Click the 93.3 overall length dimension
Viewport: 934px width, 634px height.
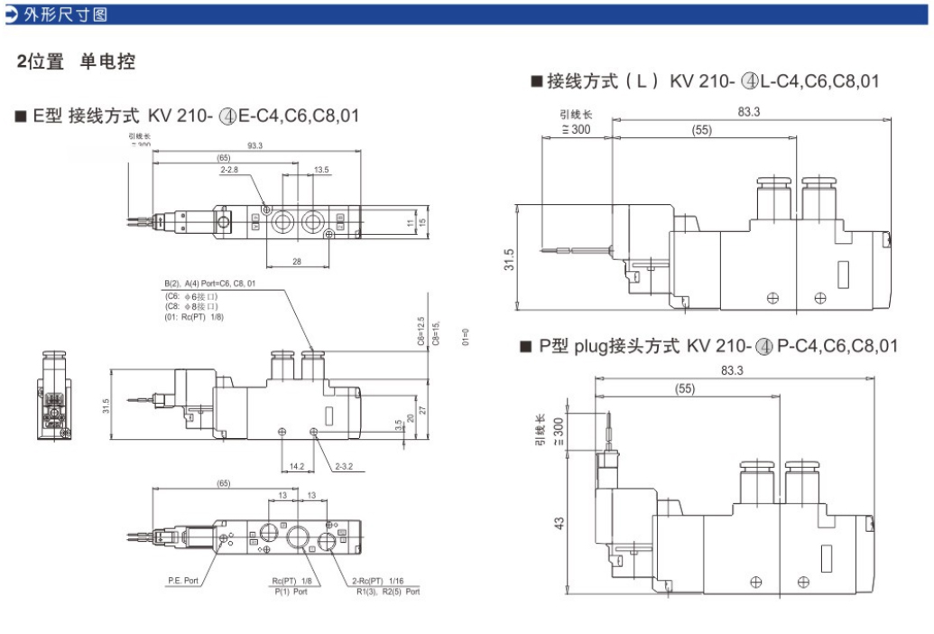[x=254, y=145]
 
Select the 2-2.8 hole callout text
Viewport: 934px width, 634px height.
[x=230, y=170]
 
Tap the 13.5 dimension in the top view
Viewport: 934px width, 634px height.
[x=322, y=170]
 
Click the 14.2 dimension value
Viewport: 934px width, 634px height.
[x=297, y=467]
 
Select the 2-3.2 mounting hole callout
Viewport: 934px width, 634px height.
[x=344, y=467]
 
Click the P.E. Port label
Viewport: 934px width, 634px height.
[x=183, y=581]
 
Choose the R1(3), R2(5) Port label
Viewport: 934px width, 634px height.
[x=387, y=592]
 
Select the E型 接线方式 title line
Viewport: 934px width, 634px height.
[x=187, y=116]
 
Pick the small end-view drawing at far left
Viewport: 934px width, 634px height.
[x=54, y=396]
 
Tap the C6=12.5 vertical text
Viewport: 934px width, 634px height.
[x=421, y=331]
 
